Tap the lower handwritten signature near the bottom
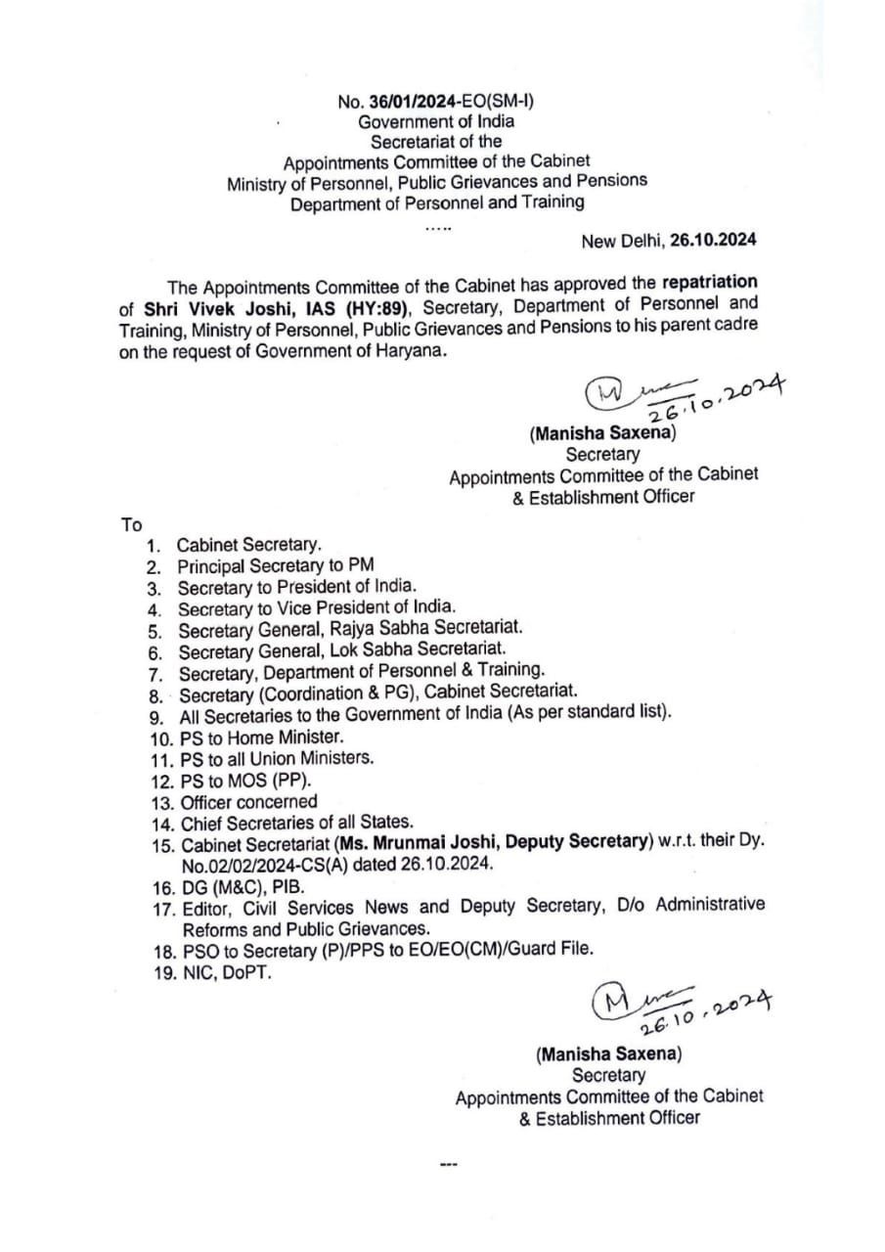(x=680, y=1007)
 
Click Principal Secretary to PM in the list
(x=275, y=565)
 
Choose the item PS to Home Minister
(x=262, y=738)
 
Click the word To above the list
(x=131, y=524)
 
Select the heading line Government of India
(x=435, y=122)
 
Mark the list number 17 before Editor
(x=162, y=908)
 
